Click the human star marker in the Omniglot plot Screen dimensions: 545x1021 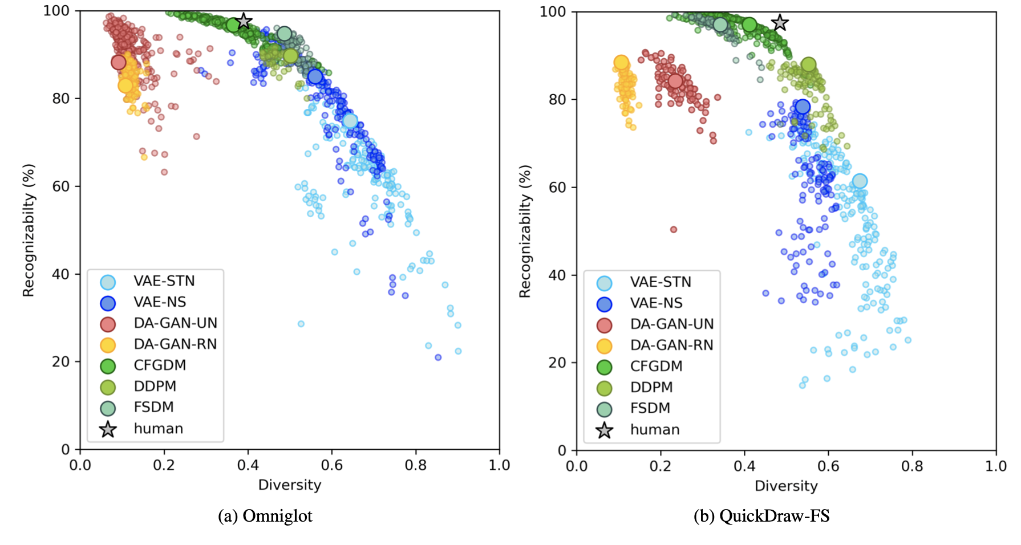click(244, 21)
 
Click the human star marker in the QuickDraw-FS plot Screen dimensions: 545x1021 click(780, 23)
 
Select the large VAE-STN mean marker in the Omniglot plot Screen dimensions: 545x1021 click(350, 121)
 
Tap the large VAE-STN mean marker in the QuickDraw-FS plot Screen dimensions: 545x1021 click(860, 181)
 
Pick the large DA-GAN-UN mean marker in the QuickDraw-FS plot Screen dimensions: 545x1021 click(675, 81)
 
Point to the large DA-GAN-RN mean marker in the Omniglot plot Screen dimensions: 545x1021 click(125, 86)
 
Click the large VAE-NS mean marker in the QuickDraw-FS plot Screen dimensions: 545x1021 click(803, 107)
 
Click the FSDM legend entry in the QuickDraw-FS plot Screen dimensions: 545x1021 click(650, 408)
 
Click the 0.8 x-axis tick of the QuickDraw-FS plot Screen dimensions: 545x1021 click(912, 466)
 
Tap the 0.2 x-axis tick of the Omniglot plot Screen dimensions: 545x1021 click(164, 465)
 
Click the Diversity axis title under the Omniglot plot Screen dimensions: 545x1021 click(290, 485)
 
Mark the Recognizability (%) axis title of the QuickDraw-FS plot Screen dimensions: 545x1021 click(525, 231)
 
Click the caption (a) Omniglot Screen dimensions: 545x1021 click(265, 516)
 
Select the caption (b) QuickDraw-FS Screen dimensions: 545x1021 click(761, 516)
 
